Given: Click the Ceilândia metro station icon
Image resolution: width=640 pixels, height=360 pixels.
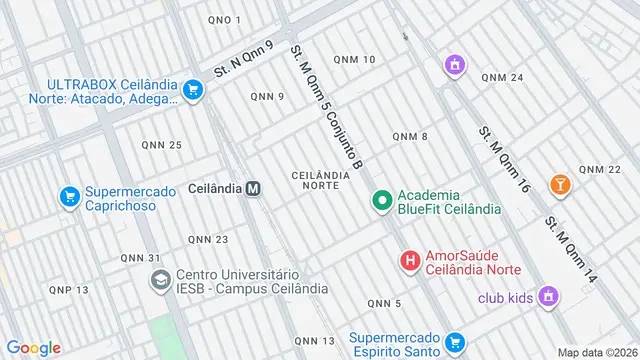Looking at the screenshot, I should [x=254, y=188].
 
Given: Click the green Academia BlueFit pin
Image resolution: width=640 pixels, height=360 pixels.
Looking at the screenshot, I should [x=381, y=202].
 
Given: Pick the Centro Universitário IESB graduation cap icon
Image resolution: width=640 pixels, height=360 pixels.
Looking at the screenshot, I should [x=160, y=281].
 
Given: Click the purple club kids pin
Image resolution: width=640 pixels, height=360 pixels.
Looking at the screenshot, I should [x=547, y=296].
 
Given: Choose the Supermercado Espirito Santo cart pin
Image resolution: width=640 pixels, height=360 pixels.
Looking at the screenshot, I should [x=455, y=343].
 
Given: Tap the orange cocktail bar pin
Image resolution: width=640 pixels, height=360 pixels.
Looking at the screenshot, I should [x=560, y=184].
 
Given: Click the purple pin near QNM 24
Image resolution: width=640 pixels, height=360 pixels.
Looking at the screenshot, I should [x=455, y=66].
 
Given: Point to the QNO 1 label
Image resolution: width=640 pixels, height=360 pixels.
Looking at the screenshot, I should [x=225, y=20].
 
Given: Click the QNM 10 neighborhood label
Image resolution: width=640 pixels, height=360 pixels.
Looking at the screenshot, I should [x=355, y=60].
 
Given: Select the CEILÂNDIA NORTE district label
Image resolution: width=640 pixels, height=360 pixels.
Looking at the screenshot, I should [x=320, y=180].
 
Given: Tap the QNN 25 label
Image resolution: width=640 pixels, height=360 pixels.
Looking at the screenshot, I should [x=161, y=145].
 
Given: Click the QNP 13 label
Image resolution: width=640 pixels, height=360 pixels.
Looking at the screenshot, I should [x=69, y=289].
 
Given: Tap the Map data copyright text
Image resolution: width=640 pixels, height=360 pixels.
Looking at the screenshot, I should [x=597, y=352].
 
